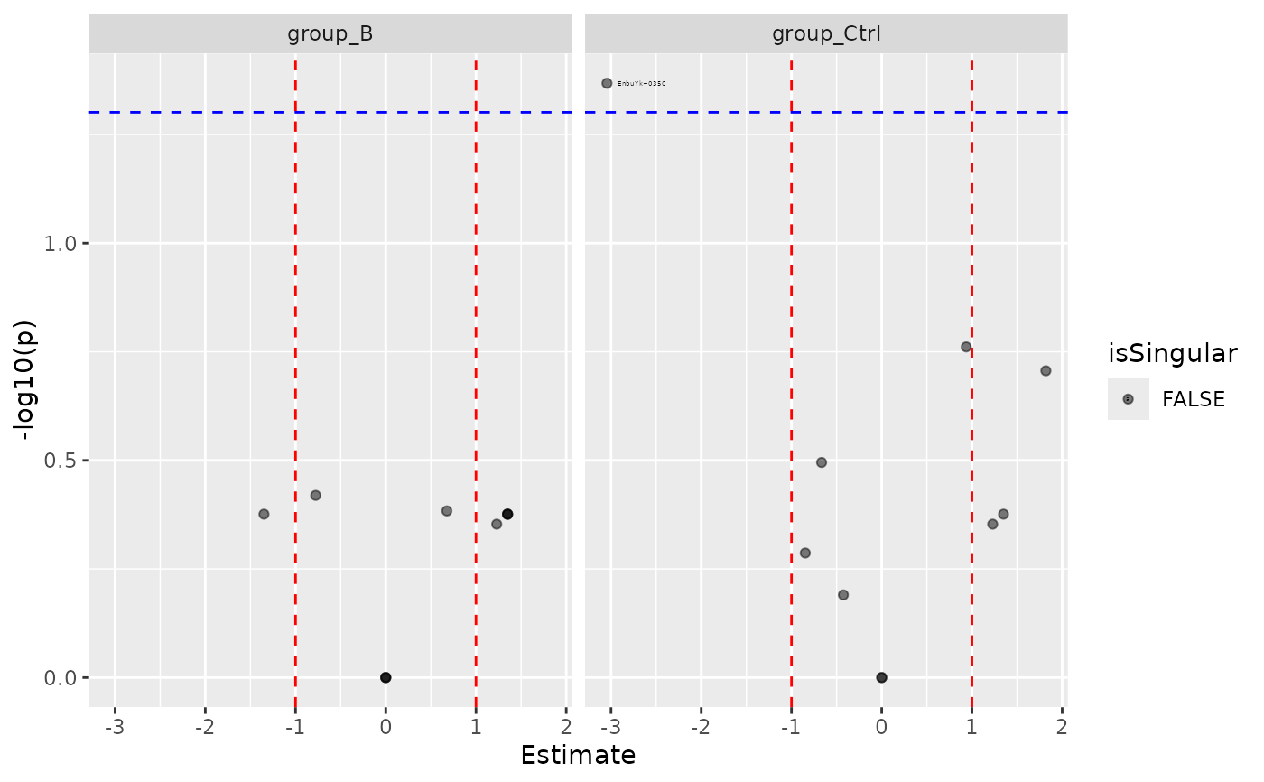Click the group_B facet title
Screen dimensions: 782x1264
(330, 34)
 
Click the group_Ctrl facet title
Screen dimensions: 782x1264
(826, 34)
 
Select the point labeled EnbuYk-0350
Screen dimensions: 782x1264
(607, 83)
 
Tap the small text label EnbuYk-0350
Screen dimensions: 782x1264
(641, 83)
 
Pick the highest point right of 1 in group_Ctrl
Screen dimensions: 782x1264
(1046, 370)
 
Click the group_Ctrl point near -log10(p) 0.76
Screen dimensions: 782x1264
(965, 347)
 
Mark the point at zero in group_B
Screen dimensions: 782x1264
(386, 677)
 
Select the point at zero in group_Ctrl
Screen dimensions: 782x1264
(881, 677)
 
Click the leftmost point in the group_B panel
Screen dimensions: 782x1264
(264, 514)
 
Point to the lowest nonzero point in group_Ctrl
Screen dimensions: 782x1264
(843, 594)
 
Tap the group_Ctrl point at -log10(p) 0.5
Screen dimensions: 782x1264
(822, 462)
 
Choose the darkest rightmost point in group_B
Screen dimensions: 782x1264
(507, 514)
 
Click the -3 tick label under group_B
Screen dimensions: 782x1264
(114, 727)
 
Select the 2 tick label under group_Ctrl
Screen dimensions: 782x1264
(1062, 727)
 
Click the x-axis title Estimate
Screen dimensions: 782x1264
(578, 755)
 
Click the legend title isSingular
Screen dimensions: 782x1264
(1172, 354)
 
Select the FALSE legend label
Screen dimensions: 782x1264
(1193, 399)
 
